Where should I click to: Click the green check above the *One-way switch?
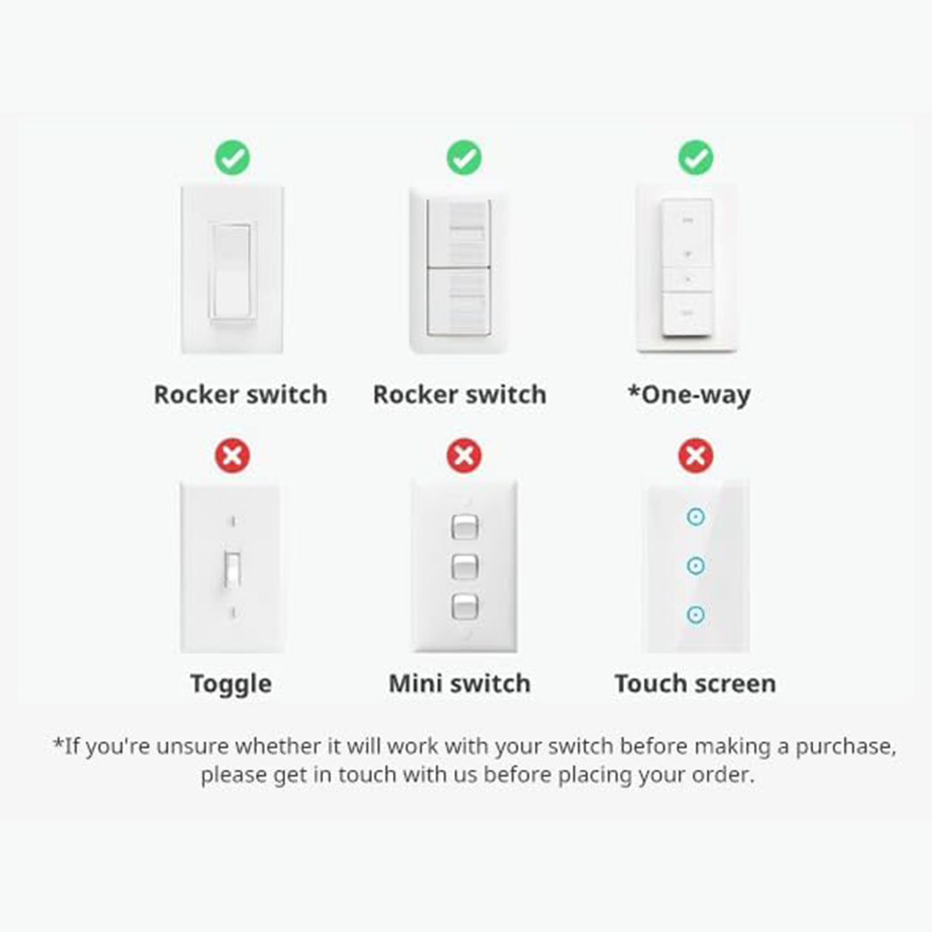coord(696,158)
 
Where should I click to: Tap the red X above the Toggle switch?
coord(232,456)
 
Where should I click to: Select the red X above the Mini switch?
coord(464,456)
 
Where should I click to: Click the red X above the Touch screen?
coord(696,456)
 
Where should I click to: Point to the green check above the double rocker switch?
coord(464,158)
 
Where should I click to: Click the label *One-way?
coord(689,395)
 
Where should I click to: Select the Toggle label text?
coord(231,683)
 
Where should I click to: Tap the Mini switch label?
coord(459,683)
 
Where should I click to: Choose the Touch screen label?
coord(695,683)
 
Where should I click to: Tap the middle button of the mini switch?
coord(464,567)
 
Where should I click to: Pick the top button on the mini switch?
coord(464,527)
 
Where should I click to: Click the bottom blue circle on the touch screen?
coord(696,614)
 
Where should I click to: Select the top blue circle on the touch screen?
coord(696,517)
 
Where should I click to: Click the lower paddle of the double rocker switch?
coord(458,301)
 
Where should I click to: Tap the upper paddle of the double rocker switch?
coord(458,233)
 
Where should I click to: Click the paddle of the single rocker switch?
coord(231,271)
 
